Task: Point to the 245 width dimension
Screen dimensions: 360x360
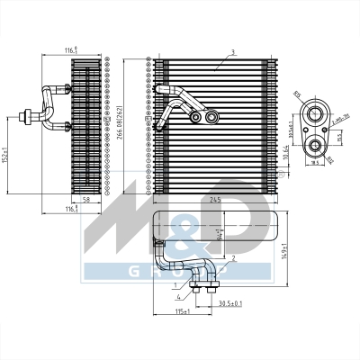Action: coord(213,199)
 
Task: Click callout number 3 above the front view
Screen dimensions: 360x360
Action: coord(232,52)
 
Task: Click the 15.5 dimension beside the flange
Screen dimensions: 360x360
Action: coord(339,137)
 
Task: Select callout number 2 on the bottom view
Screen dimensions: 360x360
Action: coord(234,259)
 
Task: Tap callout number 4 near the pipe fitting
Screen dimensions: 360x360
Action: coord(179,295)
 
